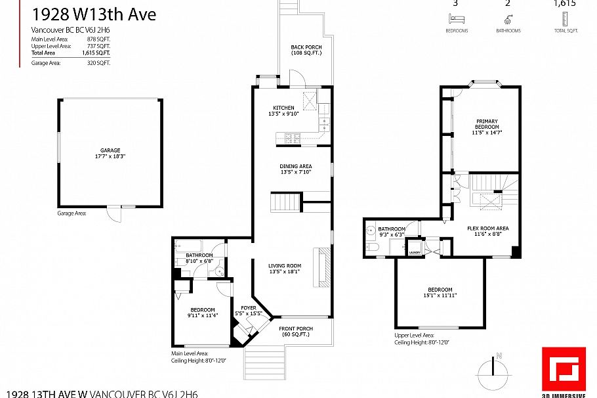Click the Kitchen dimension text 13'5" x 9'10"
point(283,114)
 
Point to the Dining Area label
point(295,166)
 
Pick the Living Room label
point(284,266)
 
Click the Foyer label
point(248,307)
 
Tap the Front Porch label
point(296,328)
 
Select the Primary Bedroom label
point(486,122)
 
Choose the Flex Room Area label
point(487,229)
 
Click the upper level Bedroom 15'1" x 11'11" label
point(440,290)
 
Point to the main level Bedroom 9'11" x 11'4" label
point(202,310)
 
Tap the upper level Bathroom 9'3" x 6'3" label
point(390,229)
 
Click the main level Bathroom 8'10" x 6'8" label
point(199,255)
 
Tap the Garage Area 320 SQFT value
point(99,63)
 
